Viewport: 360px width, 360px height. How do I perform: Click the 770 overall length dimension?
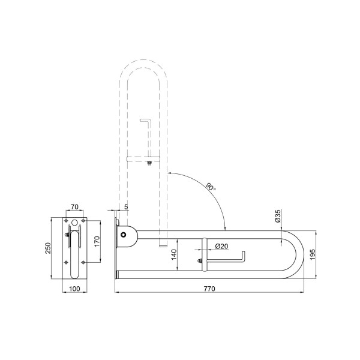pyautogui.click(x=209, y=289)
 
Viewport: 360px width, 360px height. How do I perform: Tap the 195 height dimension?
pyautogui.click(x=313, y=254)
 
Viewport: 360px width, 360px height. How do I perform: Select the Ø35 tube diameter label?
pyautogui.click(x=278, y=216)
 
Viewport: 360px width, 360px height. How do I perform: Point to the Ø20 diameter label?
pyautogui.click(x=221, y=246)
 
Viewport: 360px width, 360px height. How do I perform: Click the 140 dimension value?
pyautogui.click(x=174, y=254)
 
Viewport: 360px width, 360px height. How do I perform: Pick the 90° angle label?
pyautogui.click(x=211, y=187)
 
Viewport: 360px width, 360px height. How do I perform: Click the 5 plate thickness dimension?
pyautogui.click(x=126, y=206)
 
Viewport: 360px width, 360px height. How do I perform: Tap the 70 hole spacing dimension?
pyautogui.click(x=74, y=206)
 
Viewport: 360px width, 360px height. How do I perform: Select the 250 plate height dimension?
pyautogui.click(x=48, y=248)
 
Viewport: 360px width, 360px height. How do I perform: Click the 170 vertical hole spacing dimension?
pyautogui.click(x=97, y=242)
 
